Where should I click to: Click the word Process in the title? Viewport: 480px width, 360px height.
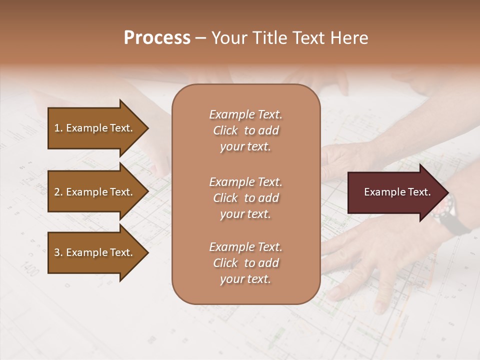click(x=157, y=38)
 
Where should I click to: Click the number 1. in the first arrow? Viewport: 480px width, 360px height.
click(x=58, y=128)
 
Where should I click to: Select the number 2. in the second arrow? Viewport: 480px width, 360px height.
click(x=58, y=192)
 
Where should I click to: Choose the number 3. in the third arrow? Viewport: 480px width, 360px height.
click(x=58, y=252)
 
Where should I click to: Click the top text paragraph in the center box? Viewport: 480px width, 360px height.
click(x=245, y=130)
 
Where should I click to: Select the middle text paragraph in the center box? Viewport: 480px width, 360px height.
click(x=245, y=198)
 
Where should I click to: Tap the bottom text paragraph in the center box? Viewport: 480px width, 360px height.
click(x=245, y=263)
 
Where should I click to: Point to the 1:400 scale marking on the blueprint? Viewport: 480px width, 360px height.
click(x=29, y=270)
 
